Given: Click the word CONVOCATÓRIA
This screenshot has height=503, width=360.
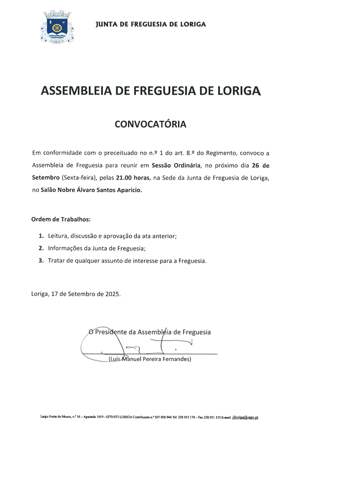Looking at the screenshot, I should coord(150,124).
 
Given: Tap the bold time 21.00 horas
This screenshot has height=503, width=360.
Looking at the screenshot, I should coord(133,178).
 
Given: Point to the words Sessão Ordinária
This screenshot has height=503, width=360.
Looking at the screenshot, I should coord(176,165).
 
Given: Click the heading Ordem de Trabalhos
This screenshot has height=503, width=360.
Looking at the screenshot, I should coord(61,219).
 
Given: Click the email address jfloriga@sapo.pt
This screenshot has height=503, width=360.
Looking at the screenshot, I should coord(245,417).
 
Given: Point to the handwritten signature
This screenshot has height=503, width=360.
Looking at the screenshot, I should coord(137,344).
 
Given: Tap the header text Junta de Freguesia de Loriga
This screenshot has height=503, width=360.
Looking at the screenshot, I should coord(151,24).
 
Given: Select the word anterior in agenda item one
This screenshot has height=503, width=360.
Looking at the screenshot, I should coord(164,236).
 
